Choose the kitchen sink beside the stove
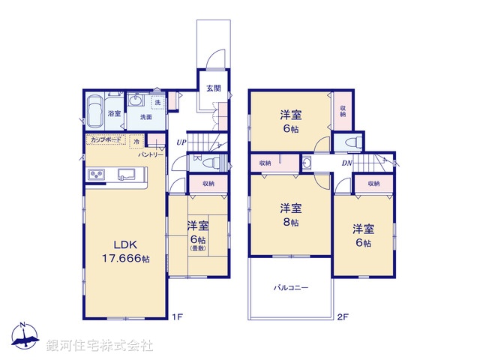[x=126, y=175]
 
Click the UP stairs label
[x=181, y=142]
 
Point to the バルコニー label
[x=291, y=287]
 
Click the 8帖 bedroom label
[x=291, y=215]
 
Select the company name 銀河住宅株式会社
[x=99, y=346]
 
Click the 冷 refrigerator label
[x=136, y=140]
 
